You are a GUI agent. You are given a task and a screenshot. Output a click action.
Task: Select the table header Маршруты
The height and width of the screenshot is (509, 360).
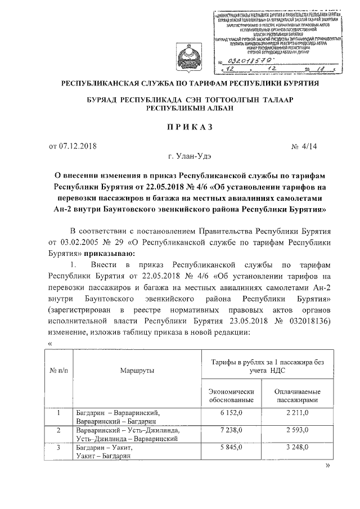click(x=137, y=371)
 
